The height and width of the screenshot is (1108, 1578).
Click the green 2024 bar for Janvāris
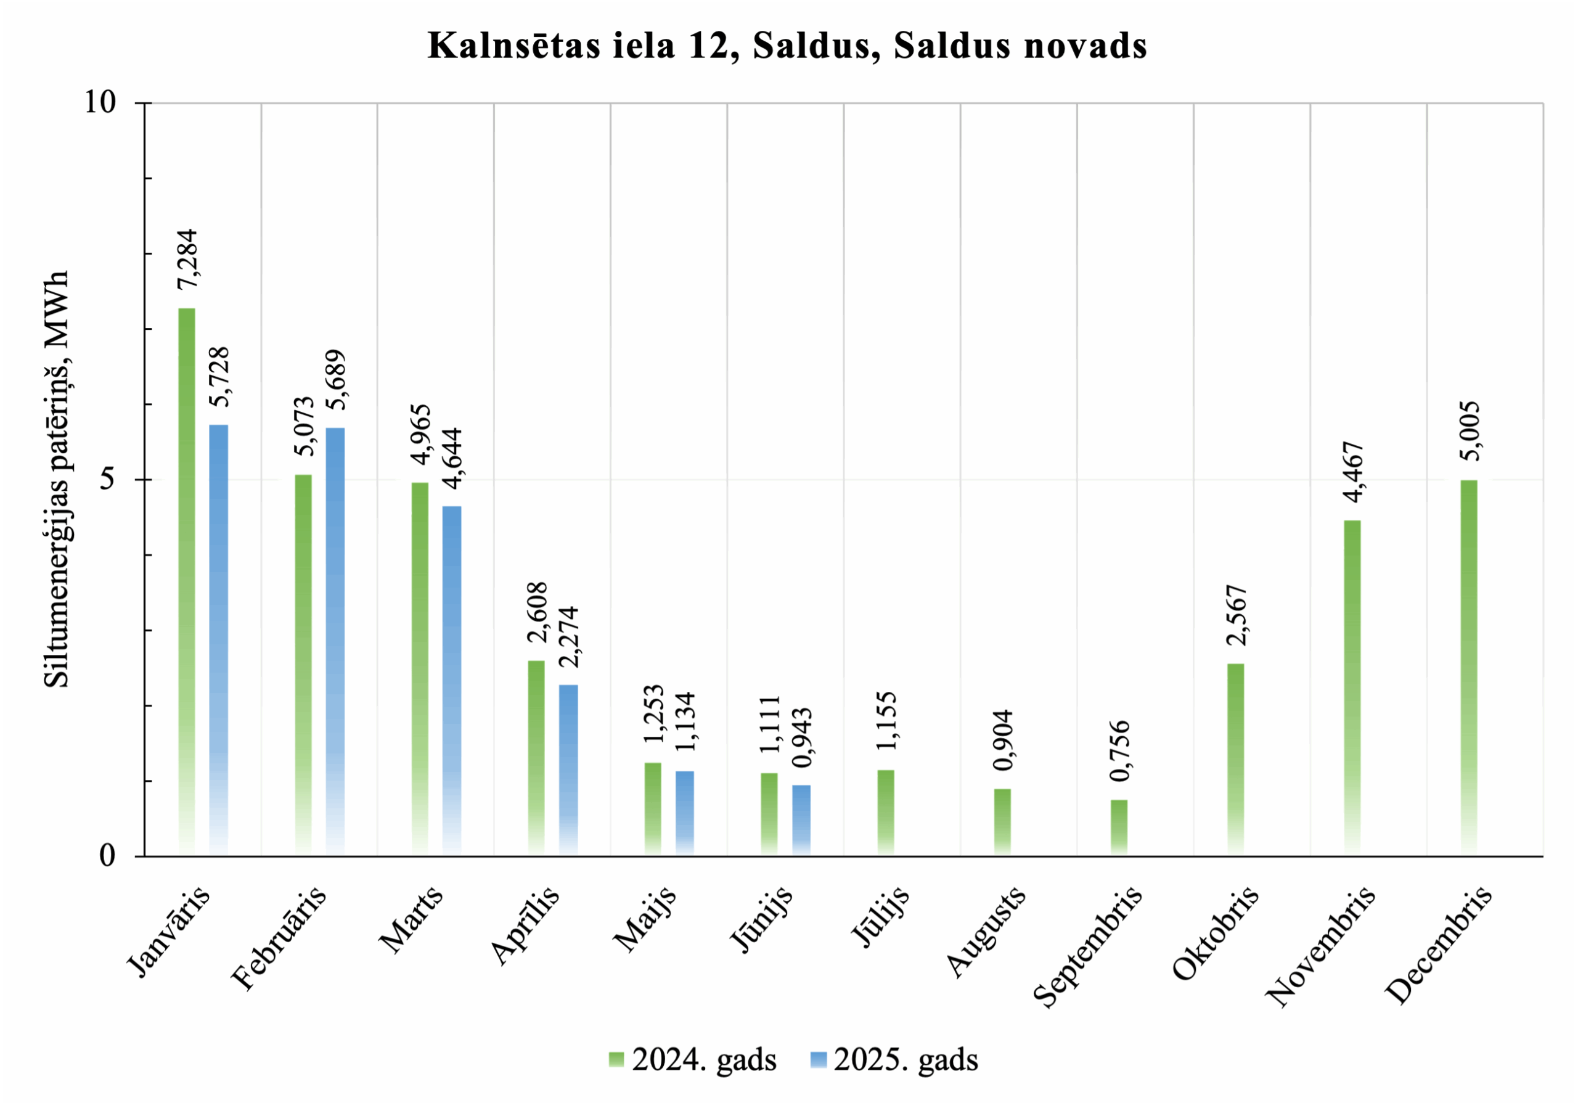point(186,581)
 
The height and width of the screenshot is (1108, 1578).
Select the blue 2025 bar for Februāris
point(335,641)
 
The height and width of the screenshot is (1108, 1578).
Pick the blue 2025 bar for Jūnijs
point(801,820)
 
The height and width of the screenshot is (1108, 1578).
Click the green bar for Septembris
point(1119,827)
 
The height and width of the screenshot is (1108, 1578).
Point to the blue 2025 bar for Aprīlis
point(568,770)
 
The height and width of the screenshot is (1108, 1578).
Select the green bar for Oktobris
point(1235,760)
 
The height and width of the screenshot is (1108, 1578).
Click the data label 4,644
point(452,459)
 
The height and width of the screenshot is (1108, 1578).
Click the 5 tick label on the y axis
point(107,479)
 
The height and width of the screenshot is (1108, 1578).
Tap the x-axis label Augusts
point(986,932)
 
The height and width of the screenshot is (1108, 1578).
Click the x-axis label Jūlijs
point(880,916)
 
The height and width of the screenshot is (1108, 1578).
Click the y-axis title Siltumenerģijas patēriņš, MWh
point(56,479)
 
